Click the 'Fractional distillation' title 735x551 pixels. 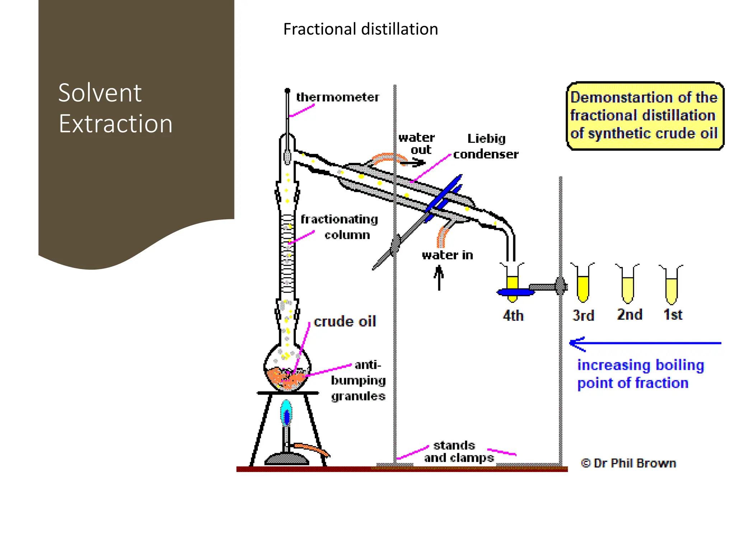click(360, 29)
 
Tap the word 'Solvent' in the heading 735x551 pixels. click(100, 93)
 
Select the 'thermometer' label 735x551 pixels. click(337, 97)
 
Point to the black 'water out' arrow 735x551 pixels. click(413, 163)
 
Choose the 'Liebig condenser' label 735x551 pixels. click(486, 146)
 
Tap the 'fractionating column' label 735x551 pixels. click(339, 227)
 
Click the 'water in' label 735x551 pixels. click(447, 255)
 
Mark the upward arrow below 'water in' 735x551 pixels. click(439, 278)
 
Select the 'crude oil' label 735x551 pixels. click(345, 321)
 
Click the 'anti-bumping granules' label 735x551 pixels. click(358, 380)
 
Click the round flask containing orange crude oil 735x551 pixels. click(287, 369)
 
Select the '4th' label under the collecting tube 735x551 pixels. click(513, 316)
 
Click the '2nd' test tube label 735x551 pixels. click(629, 315)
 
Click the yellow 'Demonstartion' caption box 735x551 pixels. click(645, 116)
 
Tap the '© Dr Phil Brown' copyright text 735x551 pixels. click(628, 463)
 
